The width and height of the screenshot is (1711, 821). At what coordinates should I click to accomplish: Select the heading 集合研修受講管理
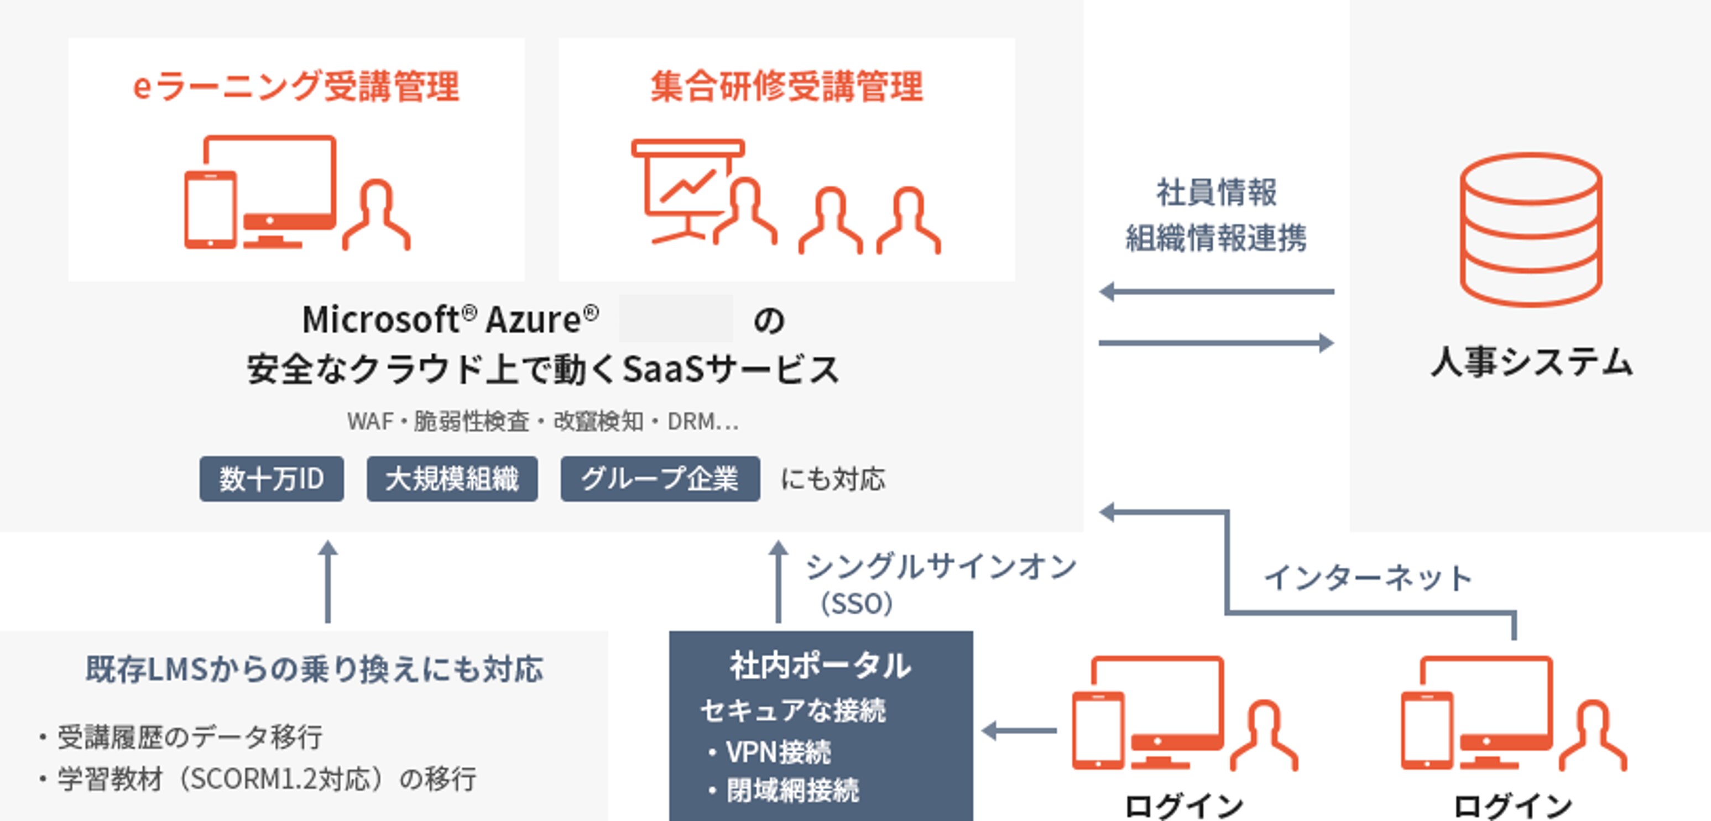pos(786,86)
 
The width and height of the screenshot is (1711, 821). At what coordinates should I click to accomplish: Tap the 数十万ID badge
pos(272,478)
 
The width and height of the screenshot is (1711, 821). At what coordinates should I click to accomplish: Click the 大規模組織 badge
pos(452,478)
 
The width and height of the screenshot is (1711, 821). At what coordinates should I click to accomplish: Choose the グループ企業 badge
pos(660,478)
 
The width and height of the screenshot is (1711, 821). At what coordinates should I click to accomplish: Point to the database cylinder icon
pos(1531,230)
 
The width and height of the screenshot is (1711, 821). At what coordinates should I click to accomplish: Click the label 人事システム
pos(1532,363)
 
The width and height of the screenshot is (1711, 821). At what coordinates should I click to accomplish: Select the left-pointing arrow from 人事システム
pos(1217,291)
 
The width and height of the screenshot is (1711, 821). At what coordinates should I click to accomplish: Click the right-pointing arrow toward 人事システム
pos(1217,343)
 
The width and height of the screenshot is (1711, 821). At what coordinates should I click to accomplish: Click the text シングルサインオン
pos(941,566)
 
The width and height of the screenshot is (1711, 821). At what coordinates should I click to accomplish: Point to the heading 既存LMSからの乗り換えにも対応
pos(315,669)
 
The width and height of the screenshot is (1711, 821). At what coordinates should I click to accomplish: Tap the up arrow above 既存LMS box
pos(327,581)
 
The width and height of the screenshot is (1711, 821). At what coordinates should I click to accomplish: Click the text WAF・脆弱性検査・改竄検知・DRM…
pos(542,421)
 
